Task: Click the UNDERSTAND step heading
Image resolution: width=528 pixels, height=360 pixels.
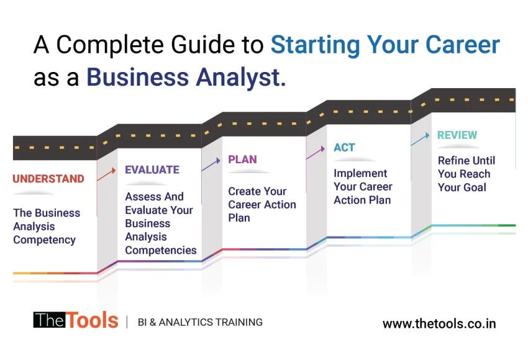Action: click(48, 179)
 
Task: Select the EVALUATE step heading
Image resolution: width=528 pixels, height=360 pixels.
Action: click(152, 169)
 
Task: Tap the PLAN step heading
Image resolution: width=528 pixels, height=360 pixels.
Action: click(242, 160)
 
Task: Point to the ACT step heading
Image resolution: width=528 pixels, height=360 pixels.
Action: click(344, 147)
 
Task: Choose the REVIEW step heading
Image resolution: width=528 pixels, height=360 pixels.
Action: click(457, 135)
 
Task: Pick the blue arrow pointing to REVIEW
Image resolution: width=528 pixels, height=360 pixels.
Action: click(420, 139)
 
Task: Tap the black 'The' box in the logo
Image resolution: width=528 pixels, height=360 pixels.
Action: click(48, 320)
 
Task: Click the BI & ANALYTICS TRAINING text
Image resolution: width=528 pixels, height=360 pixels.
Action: click(199, 322)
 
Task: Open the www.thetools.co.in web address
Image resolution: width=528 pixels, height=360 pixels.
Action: click(439, 323)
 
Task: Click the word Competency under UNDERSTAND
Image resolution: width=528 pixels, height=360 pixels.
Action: click(44, 240)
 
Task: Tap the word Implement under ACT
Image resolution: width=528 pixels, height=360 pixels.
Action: click(360, 173)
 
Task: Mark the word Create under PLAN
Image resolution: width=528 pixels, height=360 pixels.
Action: click(241, 191)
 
